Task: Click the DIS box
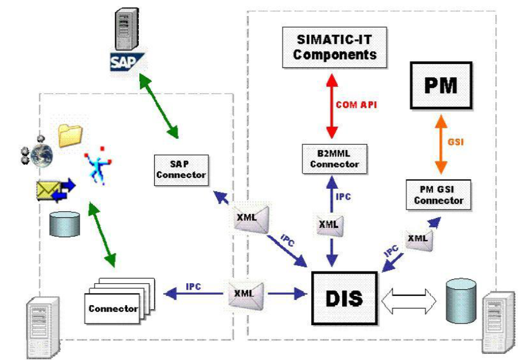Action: coord(344,298)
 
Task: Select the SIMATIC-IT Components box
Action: coord(335,48)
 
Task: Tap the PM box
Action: coord(440,85)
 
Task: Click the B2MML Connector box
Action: coord(334,159)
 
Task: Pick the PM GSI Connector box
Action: coord(438,195)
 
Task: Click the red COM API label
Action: coord(356,105)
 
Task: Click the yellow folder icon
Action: coord(70,135)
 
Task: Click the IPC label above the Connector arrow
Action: coord(193,286)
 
